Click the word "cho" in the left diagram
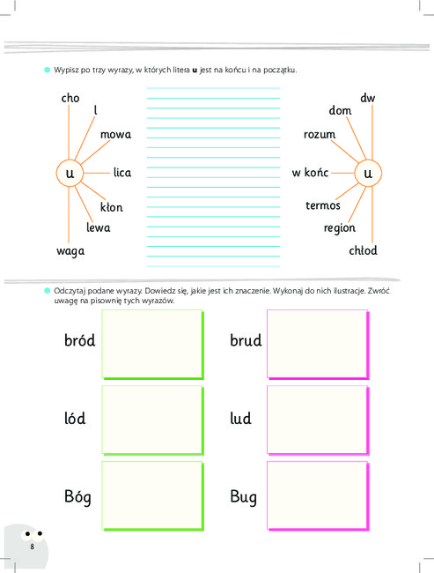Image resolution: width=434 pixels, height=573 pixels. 70,98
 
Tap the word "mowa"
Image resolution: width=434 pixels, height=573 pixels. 115,135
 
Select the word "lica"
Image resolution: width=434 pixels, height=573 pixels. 122,173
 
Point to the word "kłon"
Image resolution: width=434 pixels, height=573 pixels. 111,207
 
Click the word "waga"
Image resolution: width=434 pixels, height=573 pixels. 70,251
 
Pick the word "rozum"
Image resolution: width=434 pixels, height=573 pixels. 320,135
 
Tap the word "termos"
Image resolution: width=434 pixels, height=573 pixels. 323,205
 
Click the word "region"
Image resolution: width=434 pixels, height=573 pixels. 340,228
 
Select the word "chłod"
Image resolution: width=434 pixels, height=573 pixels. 363,250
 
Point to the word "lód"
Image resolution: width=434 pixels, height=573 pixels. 75,418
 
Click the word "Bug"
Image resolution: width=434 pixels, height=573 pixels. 244,497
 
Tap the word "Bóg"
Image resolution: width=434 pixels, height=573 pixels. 77,497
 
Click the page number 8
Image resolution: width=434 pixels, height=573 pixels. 32,547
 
